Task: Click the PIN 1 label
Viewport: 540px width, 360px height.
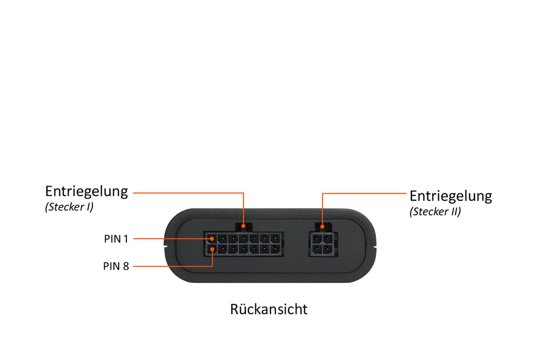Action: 116,239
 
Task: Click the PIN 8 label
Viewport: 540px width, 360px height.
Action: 116,266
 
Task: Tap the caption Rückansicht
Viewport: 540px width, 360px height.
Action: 268,309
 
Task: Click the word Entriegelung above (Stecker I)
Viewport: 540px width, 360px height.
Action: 86,192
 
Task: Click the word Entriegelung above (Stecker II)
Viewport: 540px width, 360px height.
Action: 451,196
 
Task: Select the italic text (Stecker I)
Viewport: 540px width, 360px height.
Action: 69,207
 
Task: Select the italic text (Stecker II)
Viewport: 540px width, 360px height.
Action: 435,212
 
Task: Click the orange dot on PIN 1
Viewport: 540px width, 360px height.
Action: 212,239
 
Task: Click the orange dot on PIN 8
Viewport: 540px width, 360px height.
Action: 212,249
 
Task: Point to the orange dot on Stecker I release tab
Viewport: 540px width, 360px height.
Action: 244,226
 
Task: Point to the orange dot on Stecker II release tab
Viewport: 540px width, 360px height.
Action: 322,227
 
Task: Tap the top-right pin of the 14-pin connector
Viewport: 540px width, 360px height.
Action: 275,239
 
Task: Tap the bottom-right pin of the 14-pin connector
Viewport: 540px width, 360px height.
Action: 275,248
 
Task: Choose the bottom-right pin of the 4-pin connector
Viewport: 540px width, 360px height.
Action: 326,248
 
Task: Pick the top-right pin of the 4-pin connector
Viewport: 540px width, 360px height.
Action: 326,238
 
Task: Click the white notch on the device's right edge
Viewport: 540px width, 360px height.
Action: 375,247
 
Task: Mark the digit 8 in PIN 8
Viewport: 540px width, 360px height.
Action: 126,266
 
